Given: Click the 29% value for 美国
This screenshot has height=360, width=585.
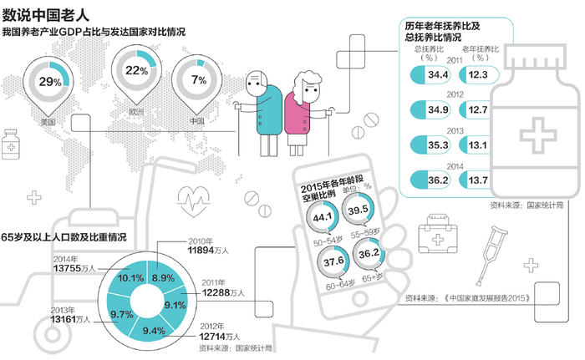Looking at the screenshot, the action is tap(50, 82).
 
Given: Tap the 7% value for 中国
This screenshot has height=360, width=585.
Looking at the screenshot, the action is tap(199, 80).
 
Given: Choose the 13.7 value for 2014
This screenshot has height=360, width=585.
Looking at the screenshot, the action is tap(479, 180).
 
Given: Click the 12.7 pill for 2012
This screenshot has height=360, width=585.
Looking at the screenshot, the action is tap(479, 109).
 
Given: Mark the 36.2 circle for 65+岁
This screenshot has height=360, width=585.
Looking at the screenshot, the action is tap(364, 254).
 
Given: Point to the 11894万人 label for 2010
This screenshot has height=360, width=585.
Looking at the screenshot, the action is tap(204, 249).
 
